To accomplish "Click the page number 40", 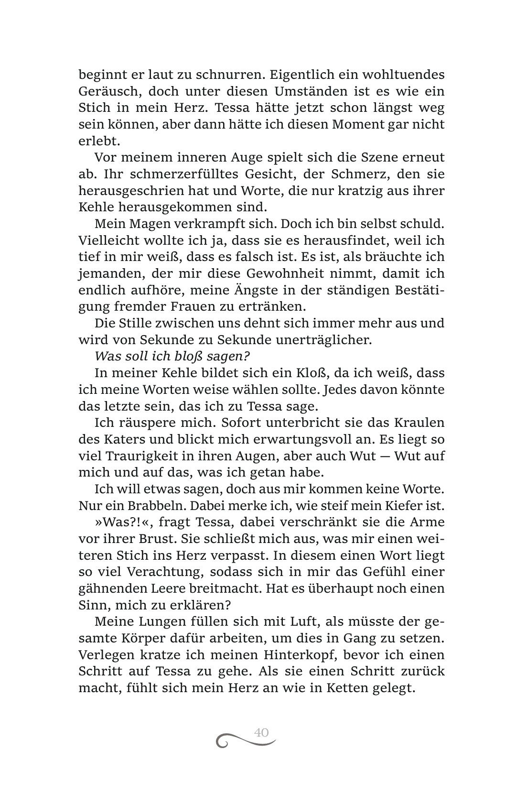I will tap(261, 732).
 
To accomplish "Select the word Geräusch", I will tap(104, 91).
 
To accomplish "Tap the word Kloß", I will tap(333, 373).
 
